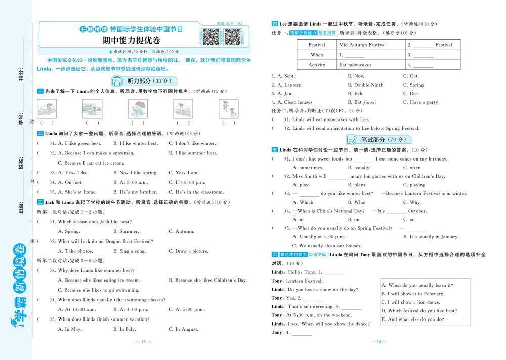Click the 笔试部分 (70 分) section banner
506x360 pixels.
click(377, 140)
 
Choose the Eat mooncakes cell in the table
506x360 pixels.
click(355, 65)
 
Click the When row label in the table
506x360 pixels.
click(317, 55)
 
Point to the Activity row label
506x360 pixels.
click(317, 65)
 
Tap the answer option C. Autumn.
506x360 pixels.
click(182, 231)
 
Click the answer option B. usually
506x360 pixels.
click(358, 168)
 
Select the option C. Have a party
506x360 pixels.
click(420, 102)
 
